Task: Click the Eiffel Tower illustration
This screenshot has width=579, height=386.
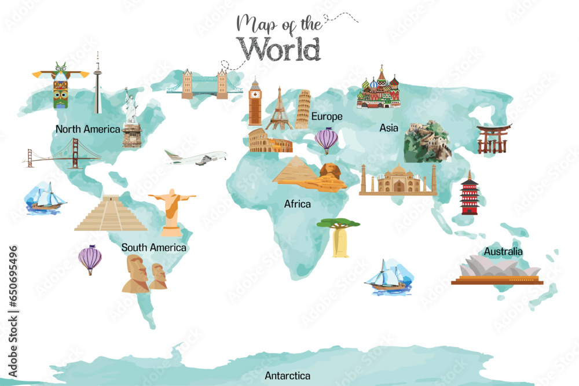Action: coord(279,110)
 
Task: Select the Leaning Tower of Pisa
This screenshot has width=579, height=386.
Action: coord(303,110)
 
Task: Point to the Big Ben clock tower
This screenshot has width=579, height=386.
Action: coord(255,104)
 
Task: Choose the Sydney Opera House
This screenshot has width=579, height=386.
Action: coord(498,271)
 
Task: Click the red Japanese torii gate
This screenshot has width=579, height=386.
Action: coord(493,138)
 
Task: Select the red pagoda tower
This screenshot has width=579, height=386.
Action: coord(470,194)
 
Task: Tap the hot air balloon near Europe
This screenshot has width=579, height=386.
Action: coord(326,140)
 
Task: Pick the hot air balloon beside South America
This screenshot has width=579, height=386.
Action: coord(90,259)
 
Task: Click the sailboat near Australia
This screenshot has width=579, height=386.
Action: coord(387,278)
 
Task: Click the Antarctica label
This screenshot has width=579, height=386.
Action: coord(287,376)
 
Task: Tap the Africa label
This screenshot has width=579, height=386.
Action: coord(297,204)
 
